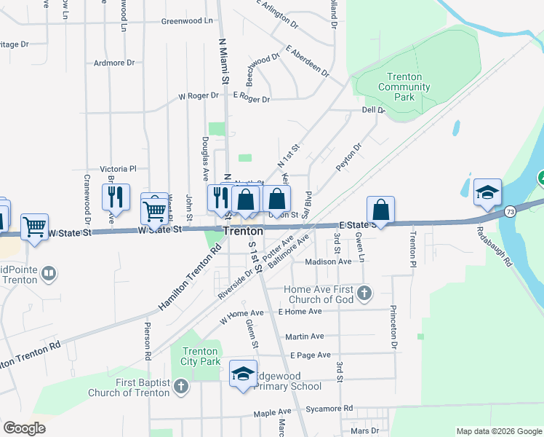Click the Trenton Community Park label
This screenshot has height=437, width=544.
point(405,87)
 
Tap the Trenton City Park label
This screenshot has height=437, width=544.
point(199,356)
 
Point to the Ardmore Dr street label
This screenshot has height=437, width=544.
point(115,63)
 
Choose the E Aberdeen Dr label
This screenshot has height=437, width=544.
point(308,63)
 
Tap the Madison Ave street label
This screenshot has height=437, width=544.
point(329,261)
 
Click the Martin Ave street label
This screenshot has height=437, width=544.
point(305,336)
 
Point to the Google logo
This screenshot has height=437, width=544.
point(25,428)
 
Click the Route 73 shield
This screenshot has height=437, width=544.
point(510,211)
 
